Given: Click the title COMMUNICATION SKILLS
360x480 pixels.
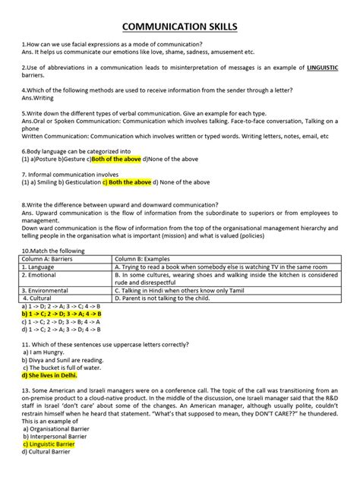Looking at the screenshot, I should coord(180,27).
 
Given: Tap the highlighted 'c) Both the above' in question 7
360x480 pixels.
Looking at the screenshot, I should coord(121,182).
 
